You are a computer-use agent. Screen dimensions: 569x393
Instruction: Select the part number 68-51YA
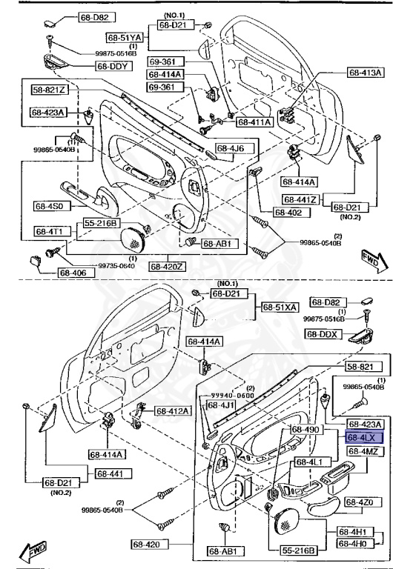(122, 37)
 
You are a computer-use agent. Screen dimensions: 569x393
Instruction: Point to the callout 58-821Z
(49, 90)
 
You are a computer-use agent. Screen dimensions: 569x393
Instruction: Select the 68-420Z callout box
(168, 265)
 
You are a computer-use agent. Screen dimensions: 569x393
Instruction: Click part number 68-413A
(365, 73)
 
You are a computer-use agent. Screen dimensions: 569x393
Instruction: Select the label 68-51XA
(279, 307)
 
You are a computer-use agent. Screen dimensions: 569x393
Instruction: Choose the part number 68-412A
(173, 410)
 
